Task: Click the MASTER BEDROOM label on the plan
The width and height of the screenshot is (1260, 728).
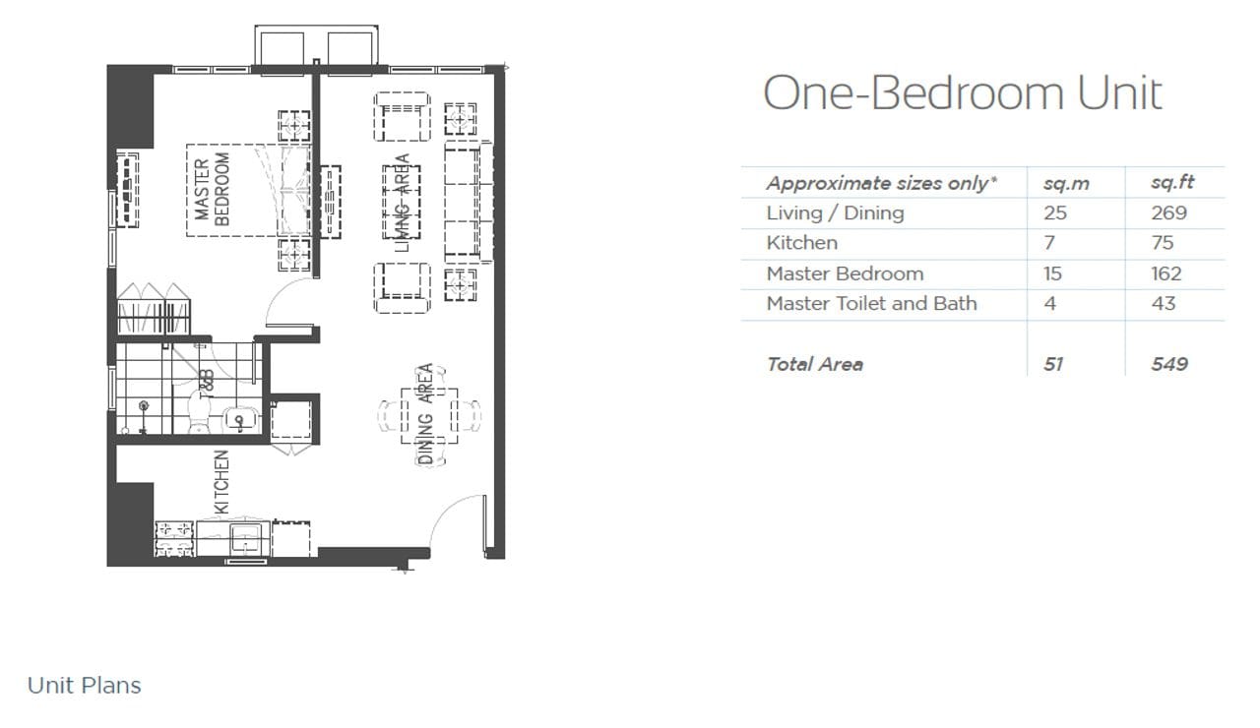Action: (x=212, y=190)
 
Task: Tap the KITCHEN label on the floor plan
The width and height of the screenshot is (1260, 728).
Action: (x=222, y=482)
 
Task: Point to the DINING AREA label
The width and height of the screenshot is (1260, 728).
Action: (x=426, y=414)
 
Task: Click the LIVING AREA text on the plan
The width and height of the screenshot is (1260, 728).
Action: (x=403, y=203)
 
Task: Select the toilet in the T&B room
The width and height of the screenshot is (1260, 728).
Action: (x=199, y=411)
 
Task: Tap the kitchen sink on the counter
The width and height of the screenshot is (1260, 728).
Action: (x=246, y=538)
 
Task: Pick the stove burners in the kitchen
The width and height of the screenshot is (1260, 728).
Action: (x=174, y=538)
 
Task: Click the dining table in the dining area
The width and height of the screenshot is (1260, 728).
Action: (x=429, y=416)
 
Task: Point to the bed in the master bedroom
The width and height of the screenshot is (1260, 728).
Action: (x=249, y=190)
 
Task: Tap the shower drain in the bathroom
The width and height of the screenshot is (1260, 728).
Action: (x=144, y=405)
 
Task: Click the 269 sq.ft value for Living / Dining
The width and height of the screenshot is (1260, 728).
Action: (x=1168, y=213)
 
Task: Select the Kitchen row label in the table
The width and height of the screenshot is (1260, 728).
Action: (x=801, y=243)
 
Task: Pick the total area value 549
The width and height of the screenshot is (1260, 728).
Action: (x=1169, y=364)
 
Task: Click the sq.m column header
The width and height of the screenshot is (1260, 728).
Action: (x=1066, y=183)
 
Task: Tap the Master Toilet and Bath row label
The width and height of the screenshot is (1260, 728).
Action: (x=871, y=304)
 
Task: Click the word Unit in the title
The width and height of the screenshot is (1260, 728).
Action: (x=1119, y=92)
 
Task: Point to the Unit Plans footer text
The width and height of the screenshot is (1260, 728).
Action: (x=85, y=686)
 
